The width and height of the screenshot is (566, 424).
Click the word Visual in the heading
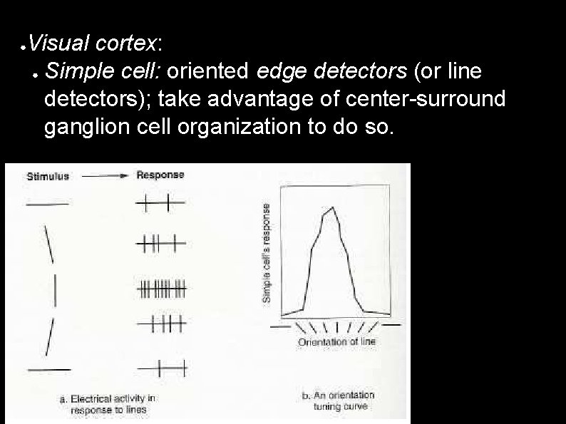click(52, 43)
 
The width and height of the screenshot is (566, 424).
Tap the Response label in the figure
click(160, 175)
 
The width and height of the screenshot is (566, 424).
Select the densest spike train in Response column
click(161, 289)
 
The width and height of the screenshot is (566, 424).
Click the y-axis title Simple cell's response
click(267, 252)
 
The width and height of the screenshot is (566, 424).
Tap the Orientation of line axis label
click(336, 341)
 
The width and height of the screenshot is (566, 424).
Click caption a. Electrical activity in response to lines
click(108, 404)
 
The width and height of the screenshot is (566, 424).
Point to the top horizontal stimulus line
click(47, 205)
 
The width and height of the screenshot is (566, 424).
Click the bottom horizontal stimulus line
click(48, 369)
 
